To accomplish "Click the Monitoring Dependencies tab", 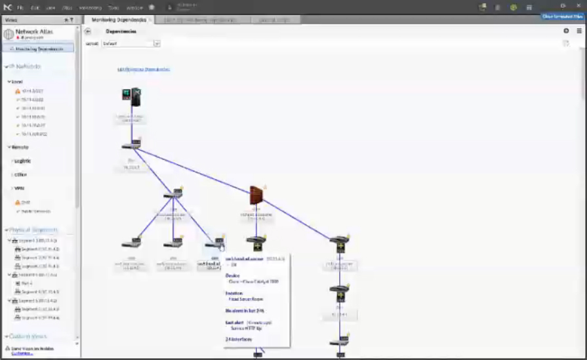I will point(117,20).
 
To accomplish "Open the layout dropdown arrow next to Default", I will point(157,43).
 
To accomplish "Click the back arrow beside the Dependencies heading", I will point(88,31).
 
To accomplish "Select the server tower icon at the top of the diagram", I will point(132,97).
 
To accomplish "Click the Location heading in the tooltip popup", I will point(234,293).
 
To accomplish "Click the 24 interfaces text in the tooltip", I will point(235,339).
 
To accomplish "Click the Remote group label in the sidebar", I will point(20,147).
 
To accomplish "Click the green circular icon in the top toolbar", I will point(514,7).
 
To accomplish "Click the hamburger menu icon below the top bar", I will point(579,31).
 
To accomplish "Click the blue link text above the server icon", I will point(144,69).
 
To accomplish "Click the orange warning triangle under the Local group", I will point(18,91).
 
